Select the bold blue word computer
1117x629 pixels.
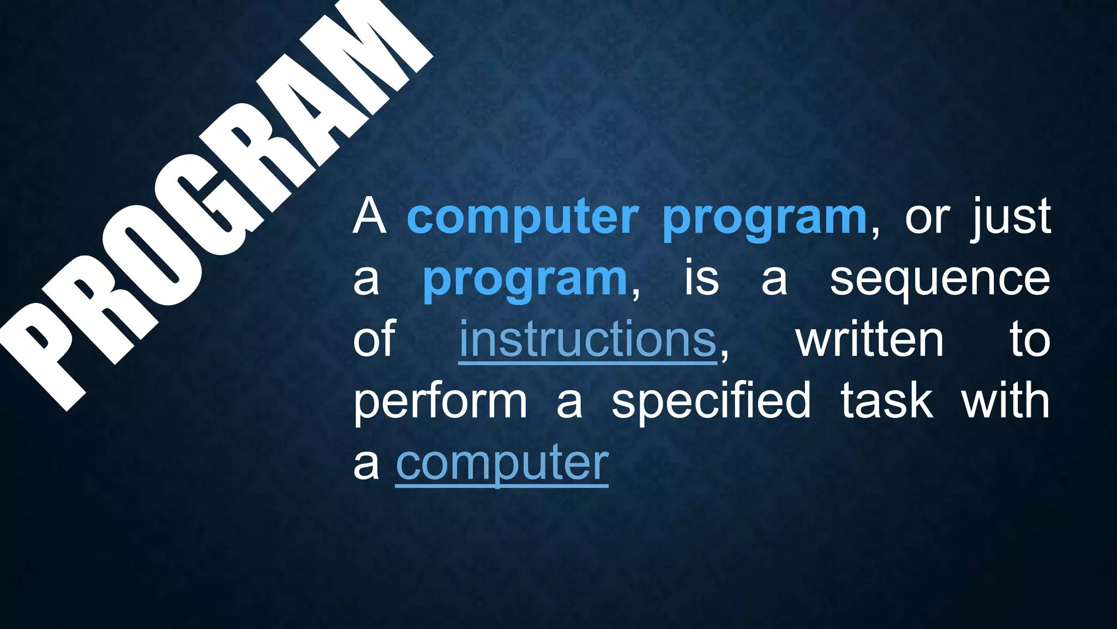coord(523,218)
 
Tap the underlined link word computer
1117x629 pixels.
coord(502,463)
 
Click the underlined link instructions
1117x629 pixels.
coord(587,340)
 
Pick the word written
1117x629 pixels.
coord(869,340)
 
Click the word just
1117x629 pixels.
coord(1012,217)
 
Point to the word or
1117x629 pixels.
coord(927,218)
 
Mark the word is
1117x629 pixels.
coord(702,278)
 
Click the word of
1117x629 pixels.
coord(374,340)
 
